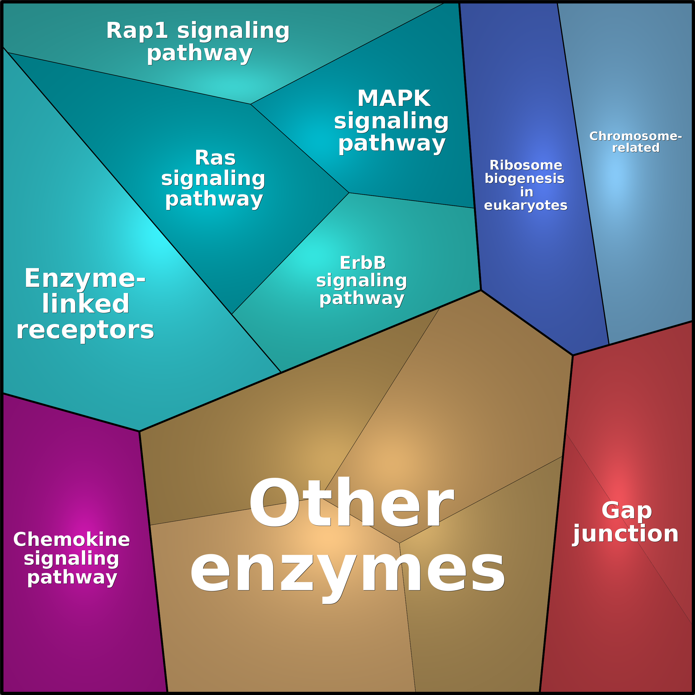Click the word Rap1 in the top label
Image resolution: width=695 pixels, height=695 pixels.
pyautogui.click(x=137, y=31)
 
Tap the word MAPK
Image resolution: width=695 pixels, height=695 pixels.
pyautogui.click(x=394, y=98)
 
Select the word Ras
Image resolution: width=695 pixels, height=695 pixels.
pyautogui.click(x=215, y=158)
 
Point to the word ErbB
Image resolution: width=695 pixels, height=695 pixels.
pyautogui.click(x=363, y=263)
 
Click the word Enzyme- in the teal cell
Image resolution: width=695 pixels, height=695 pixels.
pyautogui.click(x=85, y=278)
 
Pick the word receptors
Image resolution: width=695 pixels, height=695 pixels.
pyautogui.click(x=85, y=330)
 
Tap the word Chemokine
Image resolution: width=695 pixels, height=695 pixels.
pyautogui.click(x=72, y=540)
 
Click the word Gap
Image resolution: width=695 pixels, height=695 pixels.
pyautogui.click(x=627, y=511)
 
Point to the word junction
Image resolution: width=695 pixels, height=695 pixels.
pyautogui.click(x=626, y=534)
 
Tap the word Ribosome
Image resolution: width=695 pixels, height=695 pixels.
pyautogui.click(x=526, y=165)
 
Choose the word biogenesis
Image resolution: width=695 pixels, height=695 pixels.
pyautogui.click(x=525, y=178)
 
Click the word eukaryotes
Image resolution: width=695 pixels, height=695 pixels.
pyautogui.click(x=526, y=205)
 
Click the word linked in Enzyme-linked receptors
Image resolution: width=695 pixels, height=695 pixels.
pyautogui.click(x=85, y=304)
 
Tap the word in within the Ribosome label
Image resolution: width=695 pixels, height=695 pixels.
pyautogui.click(x=526, y=192)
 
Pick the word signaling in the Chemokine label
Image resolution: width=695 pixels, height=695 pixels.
pyautogui.click(x=72, y=558)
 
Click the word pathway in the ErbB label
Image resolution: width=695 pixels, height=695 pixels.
pyautogui.click(x=362, y=298)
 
